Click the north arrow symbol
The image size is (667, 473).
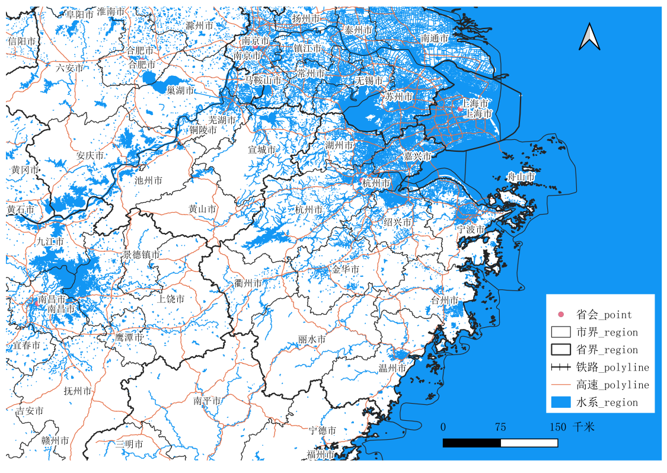[589, 37]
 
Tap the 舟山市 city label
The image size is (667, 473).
[521, 177]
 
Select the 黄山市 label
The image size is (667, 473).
[202, 209]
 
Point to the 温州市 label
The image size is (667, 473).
[392, 368]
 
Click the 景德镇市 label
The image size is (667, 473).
[141, 254]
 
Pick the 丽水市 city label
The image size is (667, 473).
[312, 340]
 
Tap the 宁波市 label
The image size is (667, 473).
[471, 229]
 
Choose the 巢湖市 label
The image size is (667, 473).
[180, 91]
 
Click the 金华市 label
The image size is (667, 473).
[345, 269]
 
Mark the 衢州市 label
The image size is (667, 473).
[248, 283]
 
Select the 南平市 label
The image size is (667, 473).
[208, 401]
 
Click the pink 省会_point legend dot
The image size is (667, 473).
[560, 314]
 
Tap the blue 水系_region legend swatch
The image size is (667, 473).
[560, 402]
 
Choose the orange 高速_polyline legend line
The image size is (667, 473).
[560, 385]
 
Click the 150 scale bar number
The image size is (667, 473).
[557, 427]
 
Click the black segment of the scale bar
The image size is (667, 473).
[472, 443]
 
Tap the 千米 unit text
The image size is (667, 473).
[583, 427]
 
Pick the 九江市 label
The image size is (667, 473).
[50, 241]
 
